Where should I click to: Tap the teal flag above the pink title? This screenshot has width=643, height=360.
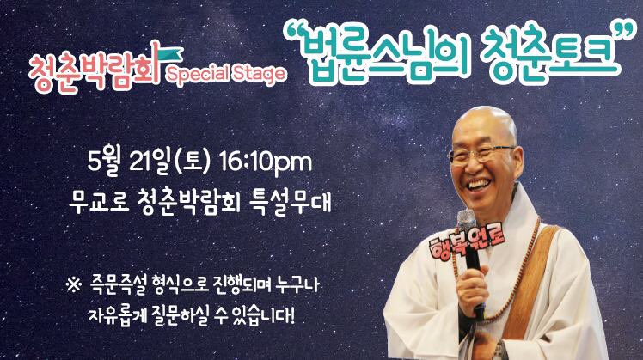pyautogui.click(x=168, y=55)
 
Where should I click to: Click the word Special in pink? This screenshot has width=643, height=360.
pyautogui.click(x=197, y=74)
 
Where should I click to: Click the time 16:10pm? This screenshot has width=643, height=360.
pyautogui.click(x=266, y=163)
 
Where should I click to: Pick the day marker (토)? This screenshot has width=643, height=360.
pyautogui.click(x=192, y=162)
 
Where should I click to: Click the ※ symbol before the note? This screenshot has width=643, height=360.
pyautogui.click(x=74, y=284)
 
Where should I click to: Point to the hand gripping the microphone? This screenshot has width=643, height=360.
pyautogui.click(x=473, y=287)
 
